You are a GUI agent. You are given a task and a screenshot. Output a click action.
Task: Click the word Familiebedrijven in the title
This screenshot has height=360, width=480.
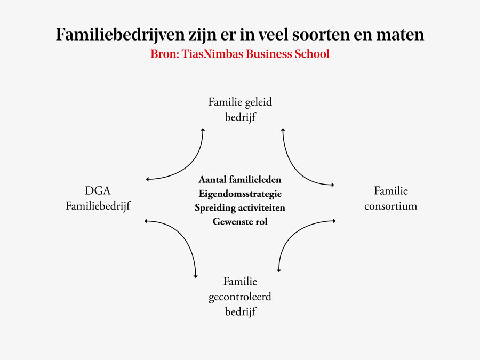(x=121, y=35)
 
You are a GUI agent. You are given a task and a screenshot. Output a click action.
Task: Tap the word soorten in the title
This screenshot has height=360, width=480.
(x=321, y=35)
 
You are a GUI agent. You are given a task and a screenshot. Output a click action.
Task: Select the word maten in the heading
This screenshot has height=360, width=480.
(x=400, y=35)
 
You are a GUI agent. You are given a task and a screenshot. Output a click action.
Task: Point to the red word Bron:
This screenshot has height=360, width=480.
(x=165, y=54)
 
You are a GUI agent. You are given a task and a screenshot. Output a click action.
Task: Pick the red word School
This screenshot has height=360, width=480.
(x=312, y=54)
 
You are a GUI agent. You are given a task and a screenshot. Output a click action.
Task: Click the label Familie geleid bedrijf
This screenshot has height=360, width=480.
(x=240, y=109)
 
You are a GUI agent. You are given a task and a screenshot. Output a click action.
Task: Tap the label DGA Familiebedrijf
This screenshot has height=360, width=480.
(x=98, y=198)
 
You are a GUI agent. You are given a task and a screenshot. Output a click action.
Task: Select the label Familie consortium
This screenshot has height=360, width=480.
(x=390, y=198)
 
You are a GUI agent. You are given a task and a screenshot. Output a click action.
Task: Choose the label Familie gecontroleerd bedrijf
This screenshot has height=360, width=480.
(x=240, y=297)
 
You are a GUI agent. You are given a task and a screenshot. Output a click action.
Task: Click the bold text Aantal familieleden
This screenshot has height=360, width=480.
(x=240, y=179)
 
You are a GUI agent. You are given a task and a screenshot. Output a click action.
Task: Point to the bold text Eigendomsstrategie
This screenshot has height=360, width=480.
(x=240, y=194)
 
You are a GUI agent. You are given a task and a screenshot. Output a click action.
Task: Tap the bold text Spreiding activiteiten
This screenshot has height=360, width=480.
(x=240, y=208)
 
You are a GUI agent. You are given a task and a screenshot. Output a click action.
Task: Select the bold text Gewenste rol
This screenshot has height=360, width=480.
(x=240, y=222)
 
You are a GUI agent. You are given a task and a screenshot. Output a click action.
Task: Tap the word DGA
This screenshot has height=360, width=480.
(x=98, y=191)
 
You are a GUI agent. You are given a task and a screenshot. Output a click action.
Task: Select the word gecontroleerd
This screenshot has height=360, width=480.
(x=240, y=297)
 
